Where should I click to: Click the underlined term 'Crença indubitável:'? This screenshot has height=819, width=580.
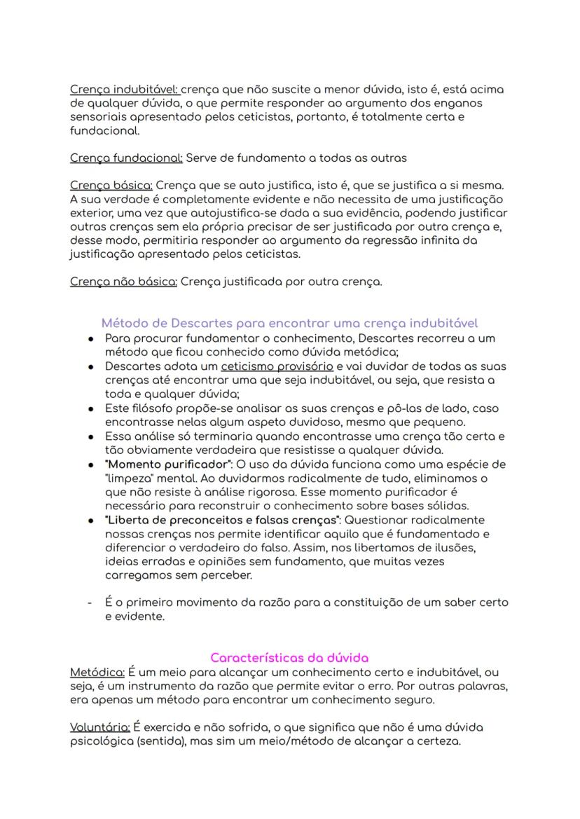pos(125,90)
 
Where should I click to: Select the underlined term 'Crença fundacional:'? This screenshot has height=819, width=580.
pos(126,158)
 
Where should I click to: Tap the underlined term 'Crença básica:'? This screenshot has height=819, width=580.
pos(111,186)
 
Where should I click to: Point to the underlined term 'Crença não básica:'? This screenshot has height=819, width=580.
pos(124,282)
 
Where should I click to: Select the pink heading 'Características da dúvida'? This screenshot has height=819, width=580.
pos(289,658)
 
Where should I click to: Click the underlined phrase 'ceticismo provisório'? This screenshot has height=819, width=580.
pos(277,366)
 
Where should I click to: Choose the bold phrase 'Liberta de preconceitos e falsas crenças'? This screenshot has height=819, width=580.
pos(223,520)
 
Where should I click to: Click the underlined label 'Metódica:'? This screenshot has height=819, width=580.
pos(97,672)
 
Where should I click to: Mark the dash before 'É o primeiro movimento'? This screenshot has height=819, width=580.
pos(90,603)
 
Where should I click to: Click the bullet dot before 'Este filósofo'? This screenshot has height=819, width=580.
pos(91,408)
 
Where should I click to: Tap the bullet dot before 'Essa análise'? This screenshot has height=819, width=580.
pos(91,436)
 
